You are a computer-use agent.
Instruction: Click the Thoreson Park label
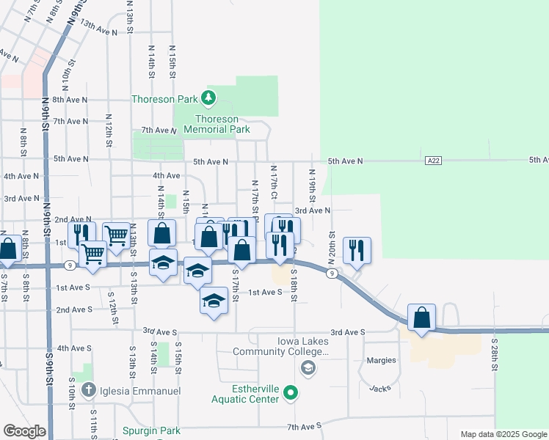(x=163, y=99)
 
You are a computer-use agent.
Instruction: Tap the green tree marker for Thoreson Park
(x=208, y=98)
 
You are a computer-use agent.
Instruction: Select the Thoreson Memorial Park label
(x=217, y=124)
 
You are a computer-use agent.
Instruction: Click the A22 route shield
(x=433, y=160)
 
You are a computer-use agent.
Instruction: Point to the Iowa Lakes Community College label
(x=280, y=346)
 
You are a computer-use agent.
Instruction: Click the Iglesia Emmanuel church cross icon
(x=89, y=390)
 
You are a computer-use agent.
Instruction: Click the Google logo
(x=24, y=431)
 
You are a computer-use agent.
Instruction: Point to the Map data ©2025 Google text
(x=503, y=434)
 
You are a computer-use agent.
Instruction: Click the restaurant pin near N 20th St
(x=356, y=250)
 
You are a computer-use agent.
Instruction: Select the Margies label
(x=382, y=360)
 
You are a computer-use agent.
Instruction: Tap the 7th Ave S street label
(x=304, y=426)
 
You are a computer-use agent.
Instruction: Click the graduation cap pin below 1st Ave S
(x=214, y=301)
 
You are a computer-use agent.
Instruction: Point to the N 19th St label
(x=312, y=188)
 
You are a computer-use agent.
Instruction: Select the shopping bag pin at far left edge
(x=8, y=249)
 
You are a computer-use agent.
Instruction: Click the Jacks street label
(x=379, y=387)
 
